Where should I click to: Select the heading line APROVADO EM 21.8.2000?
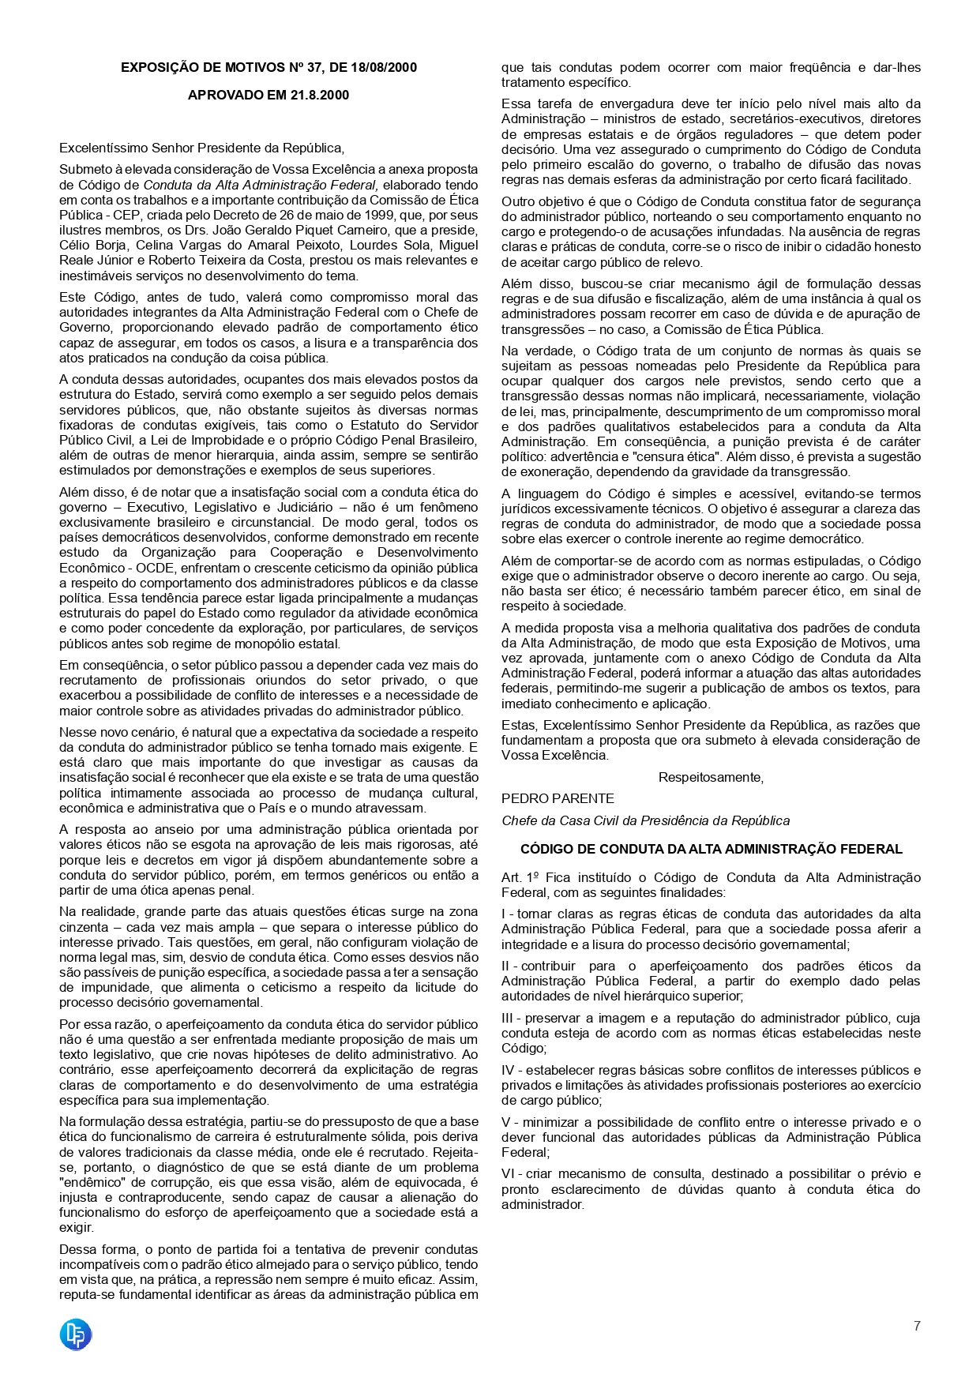(268, 95)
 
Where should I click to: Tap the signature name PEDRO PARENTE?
(558, 798)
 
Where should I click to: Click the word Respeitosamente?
(711, 777)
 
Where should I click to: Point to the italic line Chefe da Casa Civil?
(645, 820)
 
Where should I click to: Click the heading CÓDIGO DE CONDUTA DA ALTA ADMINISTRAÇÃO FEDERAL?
(711, 849)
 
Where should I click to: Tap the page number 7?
(916, 1326)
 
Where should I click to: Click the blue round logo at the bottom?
(76, 1334)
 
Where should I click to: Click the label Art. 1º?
(520, 877)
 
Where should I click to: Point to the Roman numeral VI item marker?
(509, 1174)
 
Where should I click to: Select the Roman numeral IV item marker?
(509, 1070)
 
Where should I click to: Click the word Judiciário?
(300, 507)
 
